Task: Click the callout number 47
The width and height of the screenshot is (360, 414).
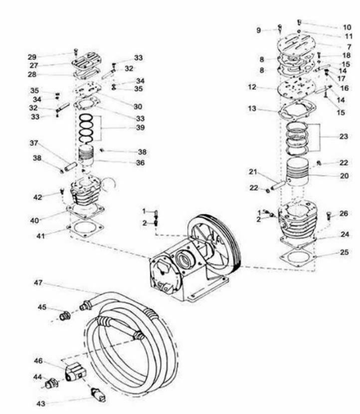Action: (x=37, y=283)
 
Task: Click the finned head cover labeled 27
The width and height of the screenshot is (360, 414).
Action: (x=85, y=64)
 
